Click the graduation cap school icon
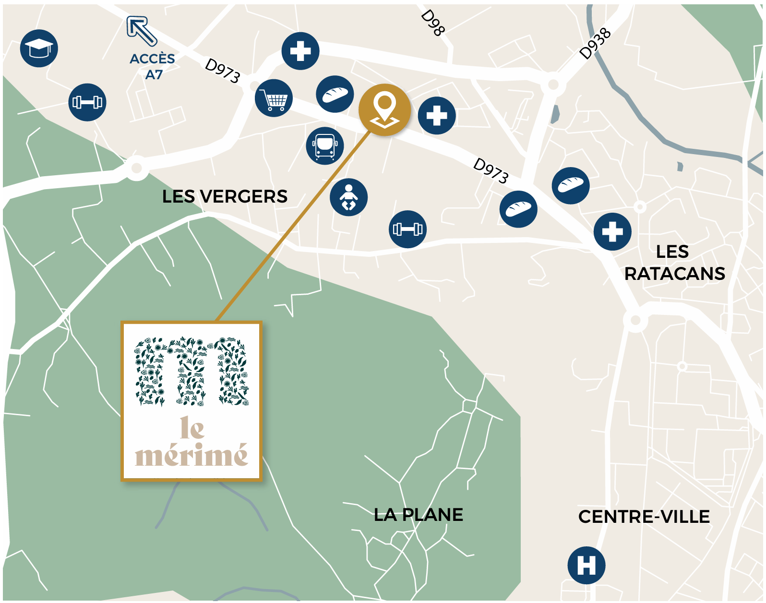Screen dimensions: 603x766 (x=39, y=48)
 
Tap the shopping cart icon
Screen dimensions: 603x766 (x=274, y=98)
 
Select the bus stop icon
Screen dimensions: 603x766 (x=325, y=146)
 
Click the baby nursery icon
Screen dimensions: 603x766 (x=349, y=197)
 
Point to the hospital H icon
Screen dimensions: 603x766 (x=586, y=565)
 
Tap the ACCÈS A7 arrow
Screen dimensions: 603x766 (x=142, y=32)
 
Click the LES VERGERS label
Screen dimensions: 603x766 (x=225, y=196)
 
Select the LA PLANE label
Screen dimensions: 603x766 (x=418, y=515)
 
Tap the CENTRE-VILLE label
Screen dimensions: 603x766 (x=644, y=517)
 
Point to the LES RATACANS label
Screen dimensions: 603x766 (x=674, y=263)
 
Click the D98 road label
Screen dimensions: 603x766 (x=433, y=23)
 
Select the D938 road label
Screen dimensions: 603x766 (x=595, y=43)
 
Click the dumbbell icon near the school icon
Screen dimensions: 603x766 (x=87, y=102)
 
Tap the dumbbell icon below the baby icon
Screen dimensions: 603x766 (x=407, y=229)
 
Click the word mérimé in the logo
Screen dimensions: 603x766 (x=191, y=455)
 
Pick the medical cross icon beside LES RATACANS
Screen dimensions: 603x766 (x=612, y=231)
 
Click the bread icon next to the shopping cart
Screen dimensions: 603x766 (x=335, y=94)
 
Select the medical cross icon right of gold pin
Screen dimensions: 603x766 (x=437, y=116)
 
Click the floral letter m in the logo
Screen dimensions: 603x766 (x=191, y=371)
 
